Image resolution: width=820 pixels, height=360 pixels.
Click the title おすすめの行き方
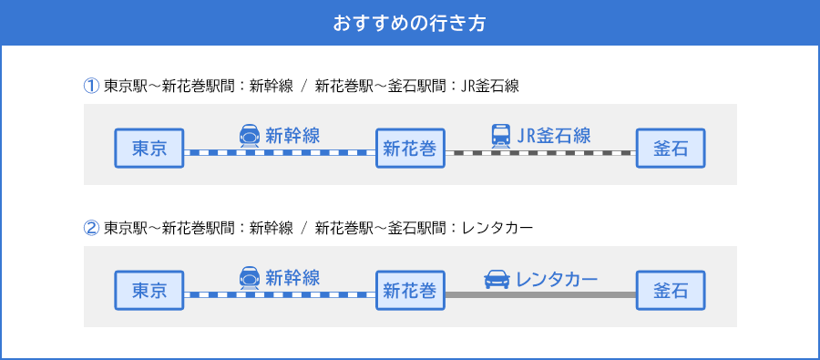pos(409,23)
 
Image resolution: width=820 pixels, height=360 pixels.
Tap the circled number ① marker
pos(91,87)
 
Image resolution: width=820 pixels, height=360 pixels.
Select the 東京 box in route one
pos(149,149)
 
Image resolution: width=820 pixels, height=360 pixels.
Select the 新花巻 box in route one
pos(410,149)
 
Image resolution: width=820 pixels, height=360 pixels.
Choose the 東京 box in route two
pos(149,291)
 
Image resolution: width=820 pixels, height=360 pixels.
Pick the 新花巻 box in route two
pos(410,291)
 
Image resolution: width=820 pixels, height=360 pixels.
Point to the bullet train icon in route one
pos(249,136)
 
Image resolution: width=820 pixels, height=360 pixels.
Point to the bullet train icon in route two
pos(249,278)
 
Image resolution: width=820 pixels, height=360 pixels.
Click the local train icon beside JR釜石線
pos(501,136)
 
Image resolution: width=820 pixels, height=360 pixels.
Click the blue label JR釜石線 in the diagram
pos(553,136)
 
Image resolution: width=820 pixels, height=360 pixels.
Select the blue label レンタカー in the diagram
pos(557,278)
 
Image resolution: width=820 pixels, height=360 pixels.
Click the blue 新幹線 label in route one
pos(292,136)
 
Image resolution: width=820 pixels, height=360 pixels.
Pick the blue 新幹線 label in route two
pos(292,278)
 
